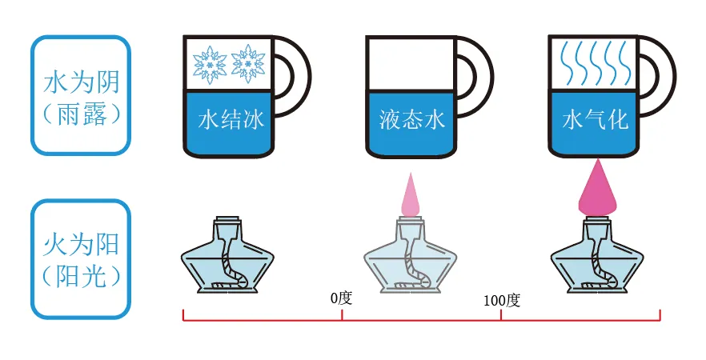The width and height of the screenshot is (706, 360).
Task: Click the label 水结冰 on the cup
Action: tap(230, 120)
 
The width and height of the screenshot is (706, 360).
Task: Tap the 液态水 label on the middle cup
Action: tap(411, 120)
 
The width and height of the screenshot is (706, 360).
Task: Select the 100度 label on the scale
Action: tap(502, 301)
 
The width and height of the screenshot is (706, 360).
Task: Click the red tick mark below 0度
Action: tap(342, 315)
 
